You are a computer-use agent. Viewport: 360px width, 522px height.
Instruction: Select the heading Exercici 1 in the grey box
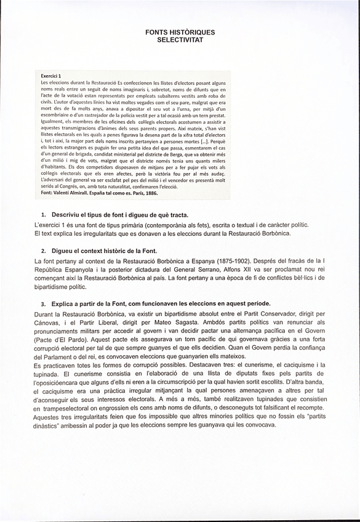[x=52, y=76]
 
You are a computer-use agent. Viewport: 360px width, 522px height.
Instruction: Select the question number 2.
[x=44, y=251]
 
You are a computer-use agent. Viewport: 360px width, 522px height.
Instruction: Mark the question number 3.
[x=44, y=304]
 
